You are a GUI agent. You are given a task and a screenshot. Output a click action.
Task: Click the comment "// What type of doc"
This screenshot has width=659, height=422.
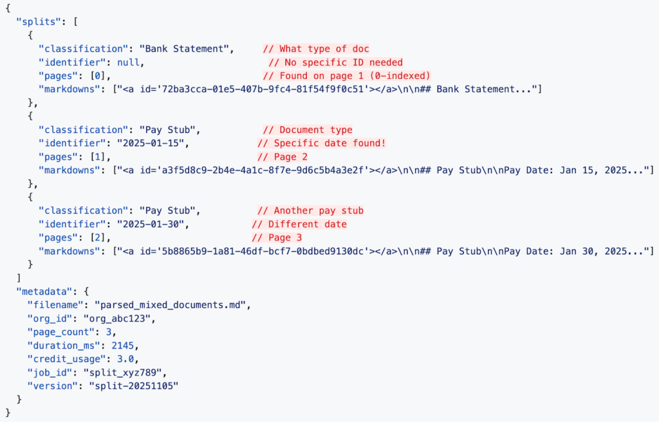point(316,49)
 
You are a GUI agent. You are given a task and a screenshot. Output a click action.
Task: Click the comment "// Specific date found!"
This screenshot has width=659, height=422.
point(321,143)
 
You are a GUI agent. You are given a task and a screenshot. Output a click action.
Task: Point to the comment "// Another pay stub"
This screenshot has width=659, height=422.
point(310,210)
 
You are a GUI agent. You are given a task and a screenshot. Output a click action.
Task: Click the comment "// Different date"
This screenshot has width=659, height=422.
point(299,224)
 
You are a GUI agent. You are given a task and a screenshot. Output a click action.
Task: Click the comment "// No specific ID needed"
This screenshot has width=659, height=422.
point(335,62)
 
